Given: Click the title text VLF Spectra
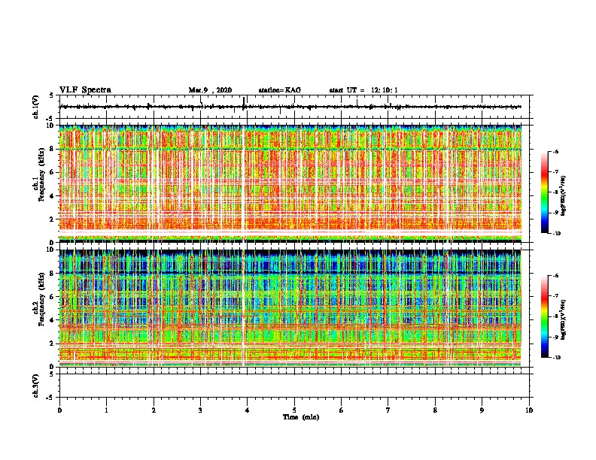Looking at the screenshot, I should (x=85, y=89).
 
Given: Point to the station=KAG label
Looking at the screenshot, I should (x=279, y=90).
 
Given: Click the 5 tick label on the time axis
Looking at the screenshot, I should (x=295, y=410).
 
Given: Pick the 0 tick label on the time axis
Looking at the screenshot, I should (x=59, y=410).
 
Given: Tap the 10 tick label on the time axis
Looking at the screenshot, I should (x=530, y=410).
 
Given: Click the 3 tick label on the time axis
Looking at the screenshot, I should (x=201, y=410).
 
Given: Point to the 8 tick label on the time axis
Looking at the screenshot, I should (x=436, y=410).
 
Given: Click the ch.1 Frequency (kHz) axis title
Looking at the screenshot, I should (x=38, y=183).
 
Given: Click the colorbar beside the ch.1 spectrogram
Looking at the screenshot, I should (x=552, y=192).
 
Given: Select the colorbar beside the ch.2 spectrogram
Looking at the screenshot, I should (x=552, y=316).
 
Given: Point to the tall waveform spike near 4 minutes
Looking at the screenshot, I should (x=245, y=103).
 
